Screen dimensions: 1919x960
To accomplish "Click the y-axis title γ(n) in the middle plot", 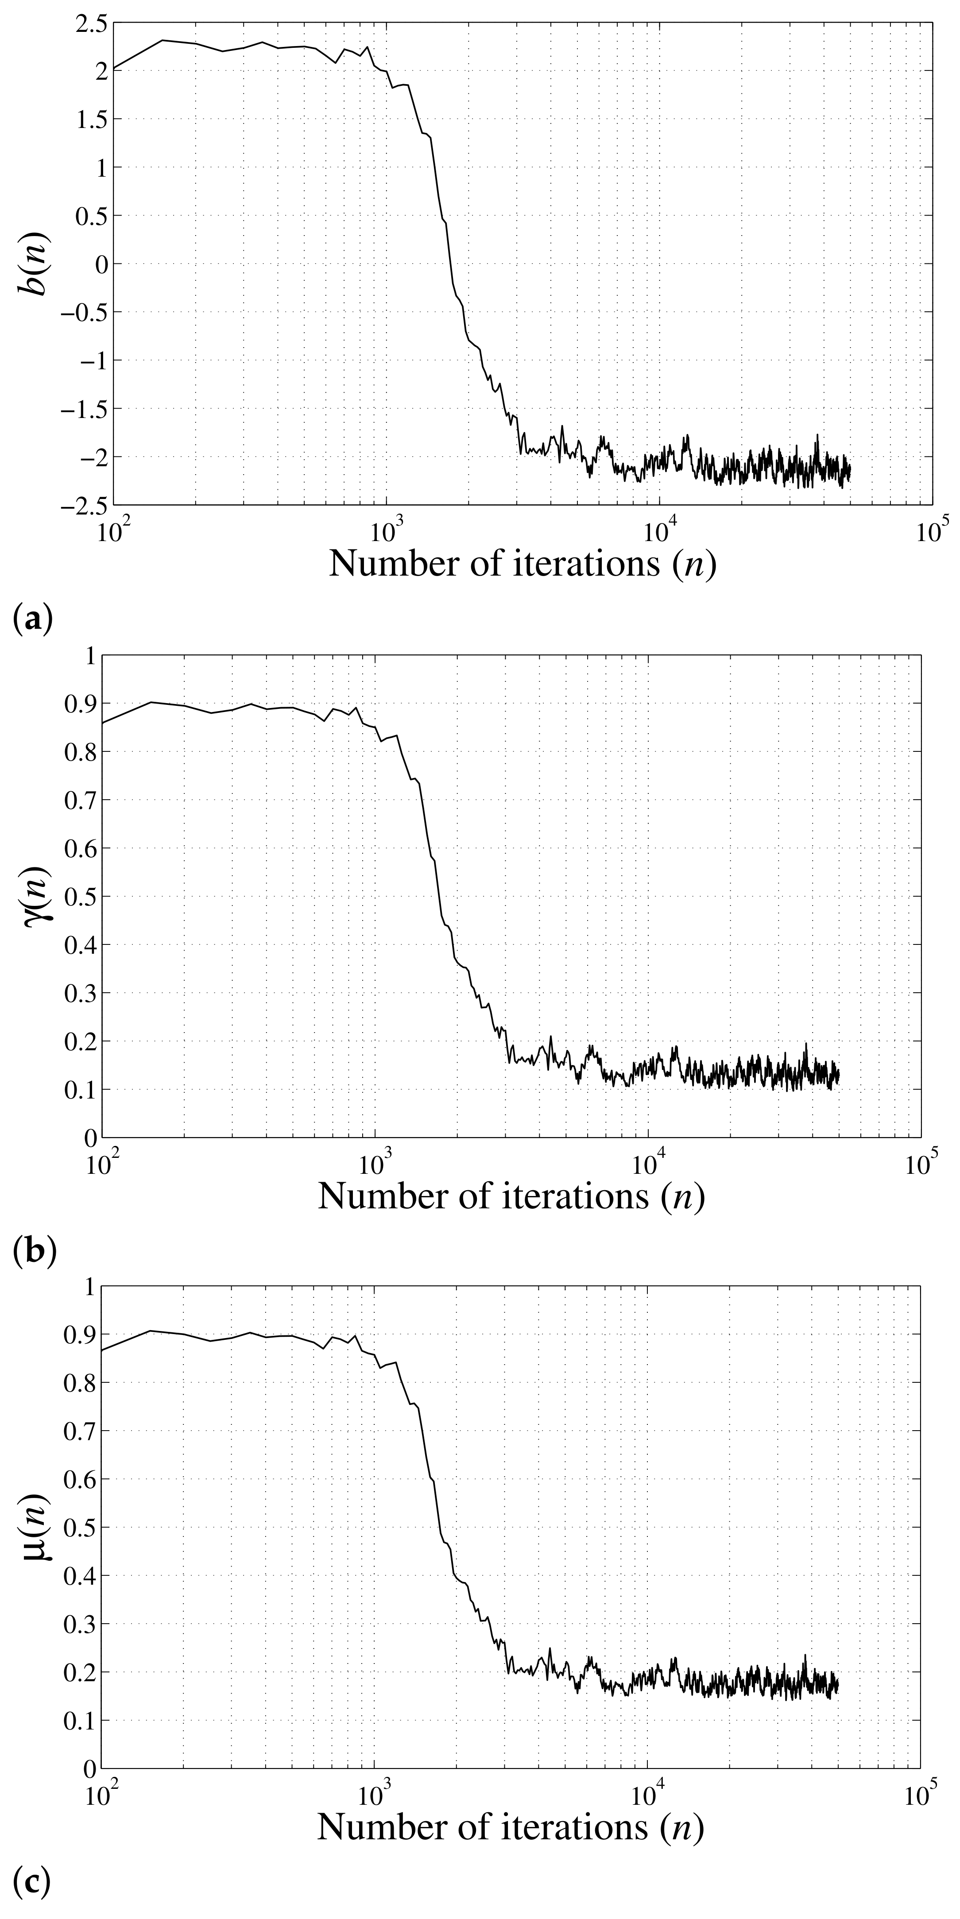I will (34, 895).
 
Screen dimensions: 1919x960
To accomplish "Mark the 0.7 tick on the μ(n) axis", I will (82, 1430).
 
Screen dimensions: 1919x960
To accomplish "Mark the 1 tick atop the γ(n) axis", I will (91, 656).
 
